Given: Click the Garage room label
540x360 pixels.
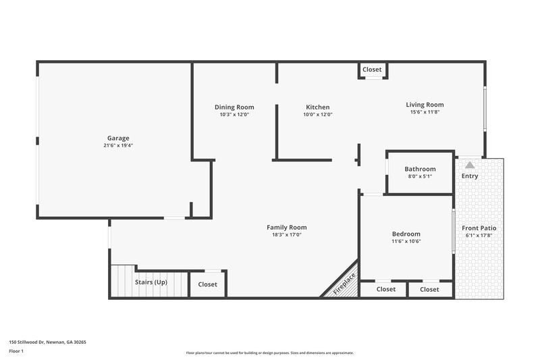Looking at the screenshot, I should [118, 138].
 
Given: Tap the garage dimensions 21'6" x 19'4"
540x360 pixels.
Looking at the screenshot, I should [118, 146].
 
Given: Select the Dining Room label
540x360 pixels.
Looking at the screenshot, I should [234, 107].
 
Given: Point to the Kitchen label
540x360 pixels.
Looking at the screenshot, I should [317, 107].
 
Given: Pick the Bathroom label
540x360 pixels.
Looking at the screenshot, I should [420, 169].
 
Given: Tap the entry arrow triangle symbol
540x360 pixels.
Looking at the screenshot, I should [470, 164].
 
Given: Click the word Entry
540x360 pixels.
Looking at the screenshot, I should [470, 176].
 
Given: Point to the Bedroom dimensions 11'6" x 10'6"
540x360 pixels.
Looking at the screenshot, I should [406, 241].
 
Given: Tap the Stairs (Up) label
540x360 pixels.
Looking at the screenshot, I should [151, 282].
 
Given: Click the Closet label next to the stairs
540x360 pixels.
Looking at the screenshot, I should [208, 284].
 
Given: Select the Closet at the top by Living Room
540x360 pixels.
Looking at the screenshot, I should [372, 70].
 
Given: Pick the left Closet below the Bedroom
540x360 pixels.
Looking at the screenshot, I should [385, 289].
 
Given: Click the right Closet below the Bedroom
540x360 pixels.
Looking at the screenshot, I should [429, 289].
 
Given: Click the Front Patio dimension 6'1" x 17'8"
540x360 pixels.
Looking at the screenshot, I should [481, 236].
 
